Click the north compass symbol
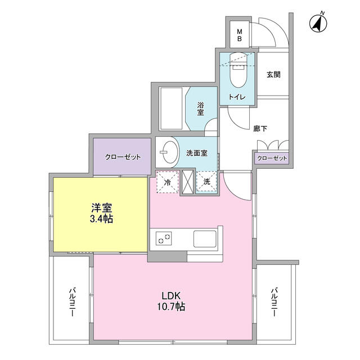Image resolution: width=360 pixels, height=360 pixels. pos(318,23)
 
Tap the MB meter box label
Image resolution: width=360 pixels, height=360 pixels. pos(240,35)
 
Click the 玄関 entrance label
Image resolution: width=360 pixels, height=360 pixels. pos(273,74)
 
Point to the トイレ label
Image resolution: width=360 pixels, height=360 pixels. pos(237,97)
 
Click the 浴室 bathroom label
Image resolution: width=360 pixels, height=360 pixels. pos(200,109)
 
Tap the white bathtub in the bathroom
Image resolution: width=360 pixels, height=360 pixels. pos(171,109)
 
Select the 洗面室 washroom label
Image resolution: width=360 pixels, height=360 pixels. pos(197,153)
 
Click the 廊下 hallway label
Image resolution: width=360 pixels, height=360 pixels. pos(260,129)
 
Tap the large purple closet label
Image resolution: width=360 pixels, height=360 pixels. pos(123,157)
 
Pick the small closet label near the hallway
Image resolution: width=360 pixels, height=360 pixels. pos(272,158)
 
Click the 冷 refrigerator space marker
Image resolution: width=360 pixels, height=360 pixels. pos(168,182)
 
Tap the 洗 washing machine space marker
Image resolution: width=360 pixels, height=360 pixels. pos(207,182)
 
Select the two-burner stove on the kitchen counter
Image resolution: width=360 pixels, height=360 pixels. pos(164,238)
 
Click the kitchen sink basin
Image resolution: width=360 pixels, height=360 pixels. pos(205,238)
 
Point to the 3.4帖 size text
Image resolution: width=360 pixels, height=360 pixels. pos(101,219)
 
